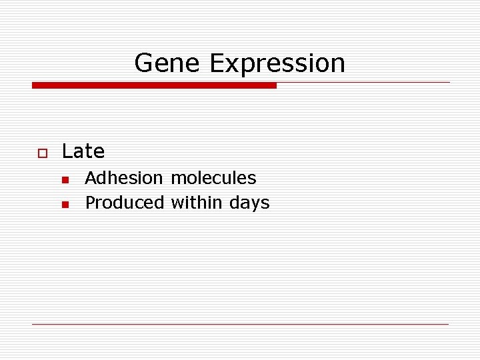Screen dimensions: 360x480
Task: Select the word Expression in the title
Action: [277, 64]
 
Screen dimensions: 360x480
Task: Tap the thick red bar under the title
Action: [154, 85]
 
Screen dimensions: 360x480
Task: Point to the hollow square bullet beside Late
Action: [41, 153]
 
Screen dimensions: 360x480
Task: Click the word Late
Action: [83, 152]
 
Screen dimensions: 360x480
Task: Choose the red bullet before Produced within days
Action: [65, 204]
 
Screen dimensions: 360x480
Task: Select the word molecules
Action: [213, 178]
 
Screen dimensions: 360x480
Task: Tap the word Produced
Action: [124, 203]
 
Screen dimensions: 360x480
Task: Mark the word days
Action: [249, 203]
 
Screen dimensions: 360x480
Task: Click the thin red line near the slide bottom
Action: [240, 324]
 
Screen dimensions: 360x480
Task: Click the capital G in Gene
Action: [143, 63]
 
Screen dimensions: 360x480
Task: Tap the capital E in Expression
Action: [217, 63]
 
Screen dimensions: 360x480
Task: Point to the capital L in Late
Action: [66, 152]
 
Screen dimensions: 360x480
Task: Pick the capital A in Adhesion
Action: [91, 178]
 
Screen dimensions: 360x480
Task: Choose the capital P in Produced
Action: [90, 203]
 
